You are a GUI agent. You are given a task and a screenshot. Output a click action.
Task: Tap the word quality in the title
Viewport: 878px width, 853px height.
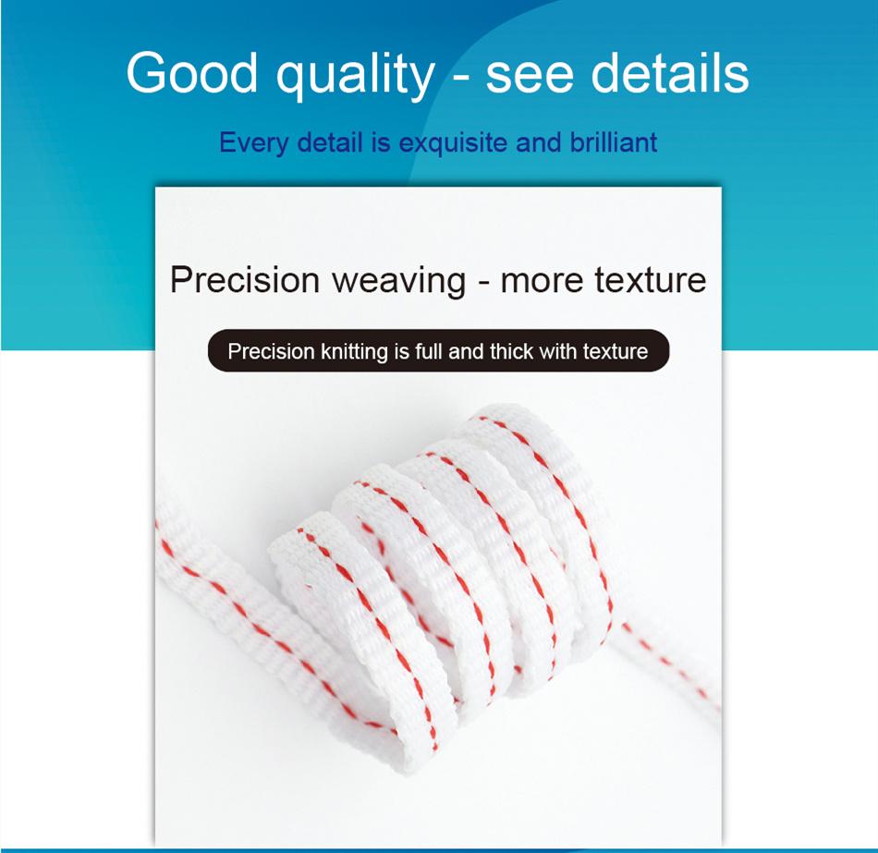point(356,74)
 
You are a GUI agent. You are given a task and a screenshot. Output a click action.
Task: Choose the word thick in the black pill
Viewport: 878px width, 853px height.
point(512,351)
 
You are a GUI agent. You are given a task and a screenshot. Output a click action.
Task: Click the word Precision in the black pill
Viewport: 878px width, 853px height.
point(271,352)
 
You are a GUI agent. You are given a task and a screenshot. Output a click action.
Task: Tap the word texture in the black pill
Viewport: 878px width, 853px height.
point(616,351)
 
